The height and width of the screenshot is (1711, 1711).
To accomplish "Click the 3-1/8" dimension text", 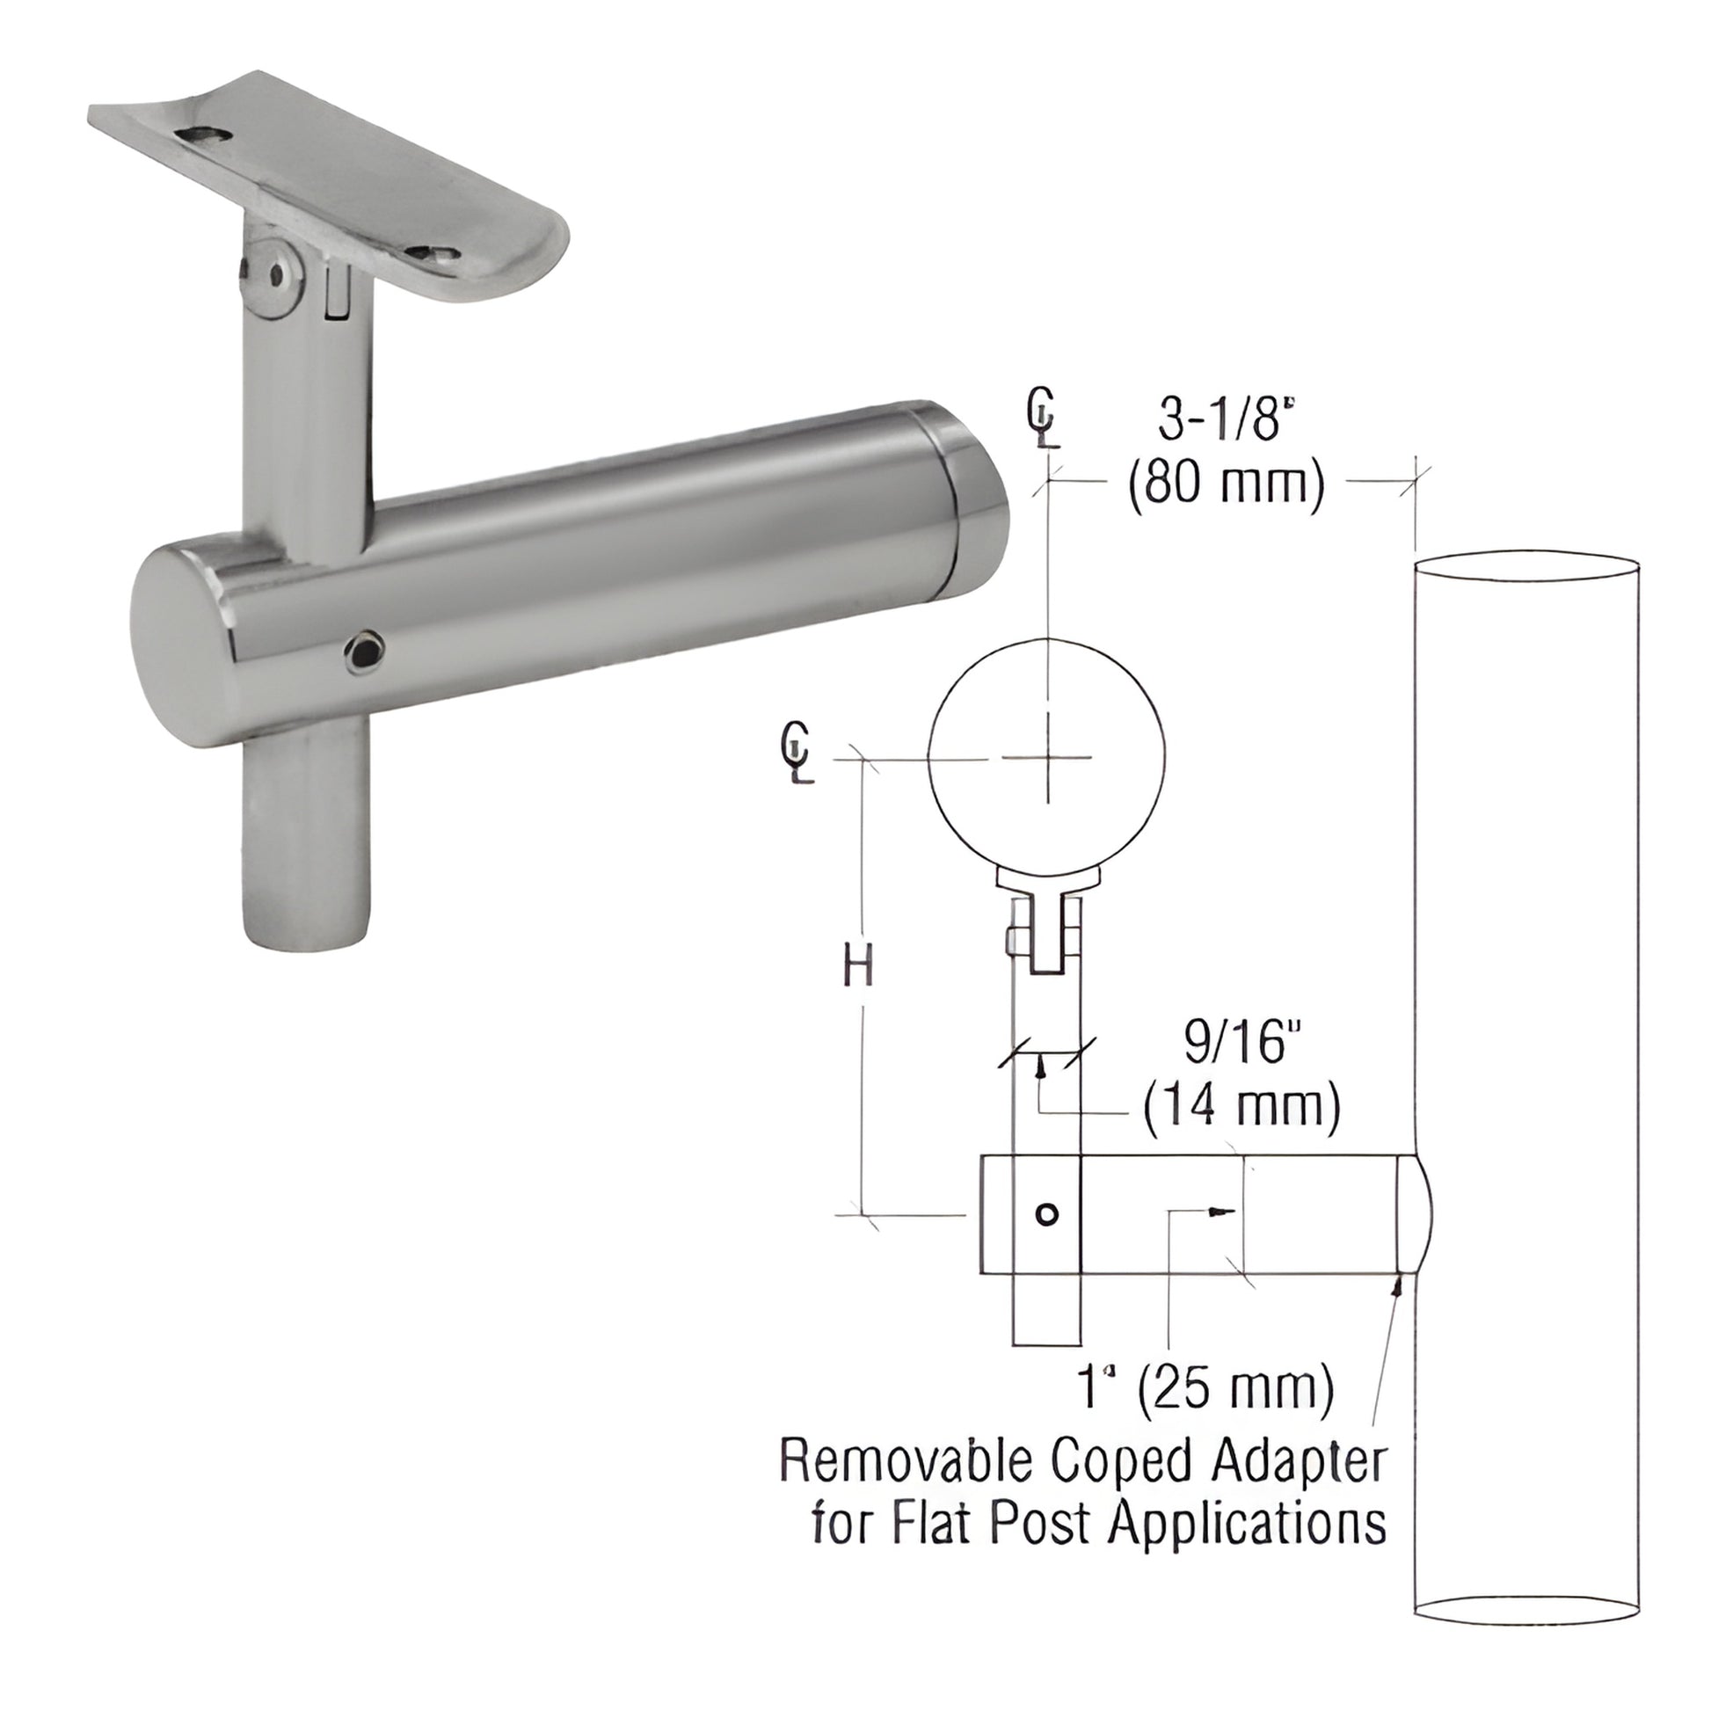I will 1220,423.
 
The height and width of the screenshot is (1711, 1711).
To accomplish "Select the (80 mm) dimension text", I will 1226,485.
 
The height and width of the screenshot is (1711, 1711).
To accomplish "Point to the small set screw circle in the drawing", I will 1047,1214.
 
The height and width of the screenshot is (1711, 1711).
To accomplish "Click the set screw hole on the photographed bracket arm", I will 365,651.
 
